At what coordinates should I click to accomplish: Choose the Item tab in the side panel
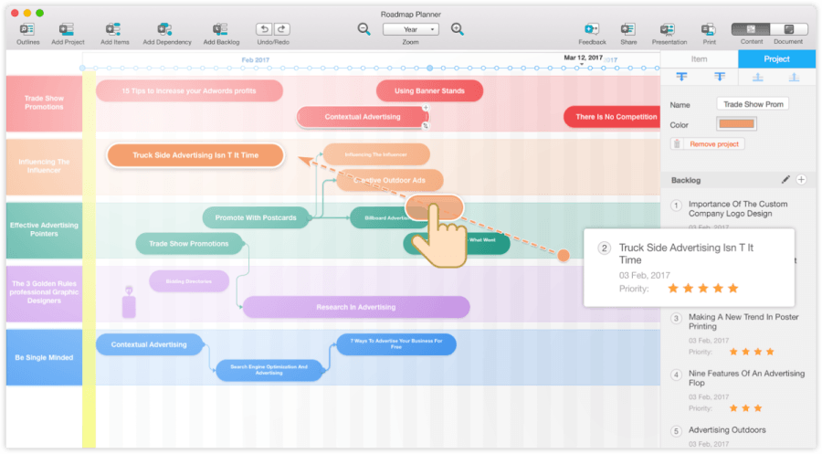pyautogui.click(x=699, y=59)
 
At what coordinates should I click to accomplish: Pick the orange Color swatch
pyautogui.click(x=736, y=125)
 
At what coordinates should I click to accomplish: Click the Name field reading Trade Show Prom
pyautogui.click(x=753, y=104)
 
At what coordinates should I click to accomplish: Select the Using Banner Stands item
pyautogui.click(x=429, y=91)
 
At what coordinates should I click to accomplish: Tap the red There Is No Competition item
pyautogui.click(x=616, y=117)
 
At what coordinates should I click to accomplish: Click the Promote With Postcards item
pyautogui.click(x=256, y=217)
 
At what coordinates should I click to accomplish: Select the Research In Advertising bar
pyautogui.click(x=356, y=307)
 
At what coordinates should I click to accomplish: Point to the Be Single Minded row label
pyautogui.click(x=43, y=357)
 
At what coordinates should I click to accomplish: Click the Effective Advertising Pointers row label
pyautogui.click(x=43, y=229)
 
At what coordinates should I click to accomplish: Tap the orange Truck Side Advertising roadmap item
pyautogui.click(x=195, y=155)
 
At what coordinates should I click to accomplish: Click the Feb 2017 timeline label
pyautogui.click(x=254, y=59)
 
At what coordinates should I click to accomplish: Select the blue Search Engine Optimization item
pyautogui.click(x=269, y=369)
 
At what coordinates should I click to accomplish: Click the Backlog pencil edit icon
pyautogui.click(x=785, y=180)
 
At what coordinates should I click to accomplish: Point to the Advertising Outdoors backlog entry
pyautogui.click(x=727, y=430)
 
